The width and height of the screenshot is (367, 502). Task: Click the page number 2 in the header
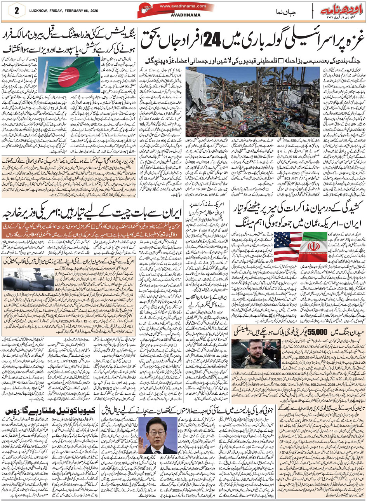[17, 11]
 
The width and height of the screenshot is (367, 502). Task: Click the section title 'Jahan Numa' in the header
[287, 11]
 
